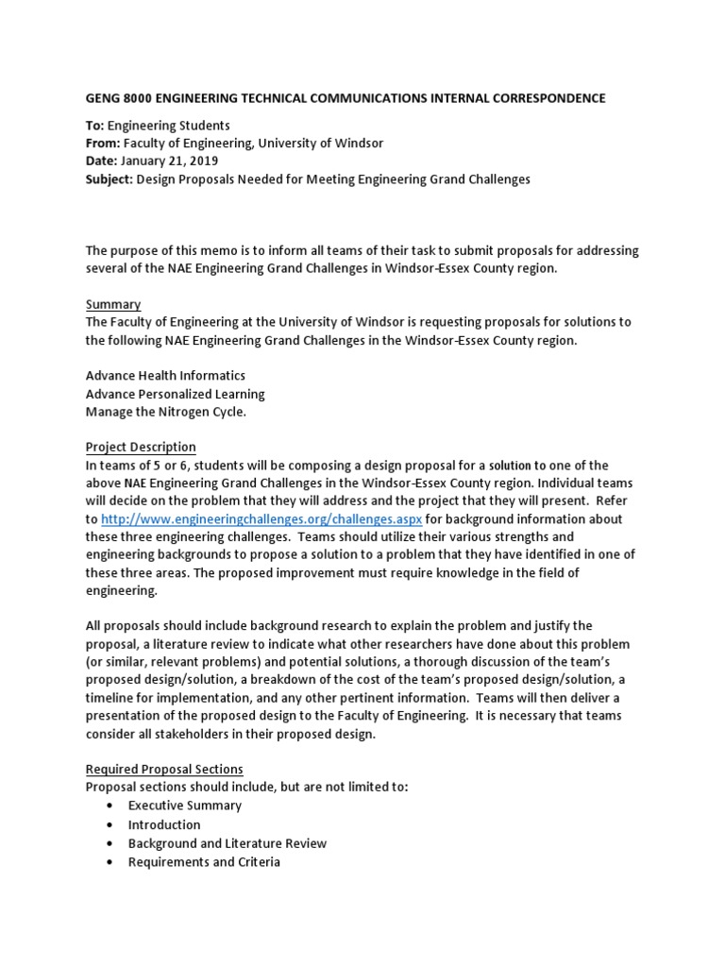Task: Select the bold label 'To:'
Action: click(95, 126)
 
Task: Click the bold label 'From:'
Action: click(103, 144)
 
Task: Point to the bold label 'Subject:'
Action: click(110, 179)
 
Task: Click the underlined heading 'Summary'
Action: click(113, 304)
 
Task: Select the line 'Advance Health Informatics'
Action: click(167, 376)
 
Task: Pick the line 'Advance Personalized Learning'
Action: click(175, 394)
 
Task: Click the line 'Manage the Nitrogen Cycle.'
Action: click(165, 412)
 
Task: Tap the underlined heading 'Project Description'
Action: click(141, 447)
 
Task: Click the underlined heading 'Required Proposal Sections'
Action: click(164, 770)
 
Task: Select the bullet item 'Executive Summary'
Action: click(185, 806)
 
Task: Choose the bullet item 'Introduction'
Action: click(164, 824)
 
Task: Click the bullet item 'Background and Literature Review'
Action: click(228, 843)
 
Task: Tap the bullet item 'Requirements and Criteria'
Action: click(204, 861)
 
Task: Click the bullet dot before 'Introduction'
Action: click(110, 824)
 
